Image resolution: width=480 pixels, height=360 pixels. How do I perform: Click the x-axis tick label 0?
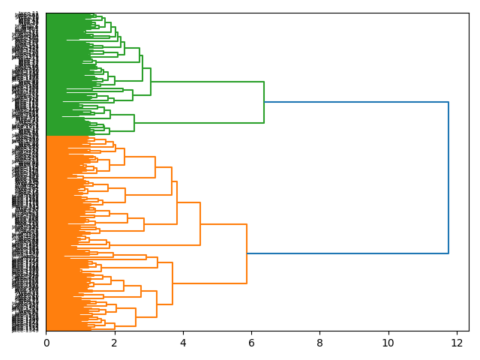(x=46, y=343)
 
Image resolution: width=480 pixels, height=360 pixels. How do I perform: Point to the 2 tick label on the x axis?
(x=114, y=343)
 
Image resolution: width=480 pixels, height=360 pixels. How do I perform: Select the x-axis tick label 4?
(x=183, y=343)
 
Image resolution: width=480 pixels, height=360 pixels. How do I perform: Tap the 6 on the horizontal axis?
(x=251, y=343)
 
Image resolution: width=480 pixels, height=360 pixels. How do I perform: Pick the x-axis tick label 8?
(x=319, y=343)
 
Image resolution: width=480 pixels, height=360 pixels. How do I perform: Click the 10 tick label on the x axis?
(x=388, y=343)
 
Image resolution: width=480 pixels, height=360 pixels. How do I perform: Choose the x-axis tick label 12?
(x=457, y=343)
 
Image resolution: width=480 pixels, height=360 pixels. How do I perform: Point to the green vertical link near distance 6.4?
(x=264, y=102)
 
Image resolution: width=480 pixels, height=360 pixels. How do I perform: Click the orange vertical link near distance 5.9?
(x=247, y=253)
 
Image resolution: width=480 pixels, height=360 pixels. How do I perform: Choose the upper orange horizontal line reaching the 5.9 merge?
(x=223, y=224)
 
